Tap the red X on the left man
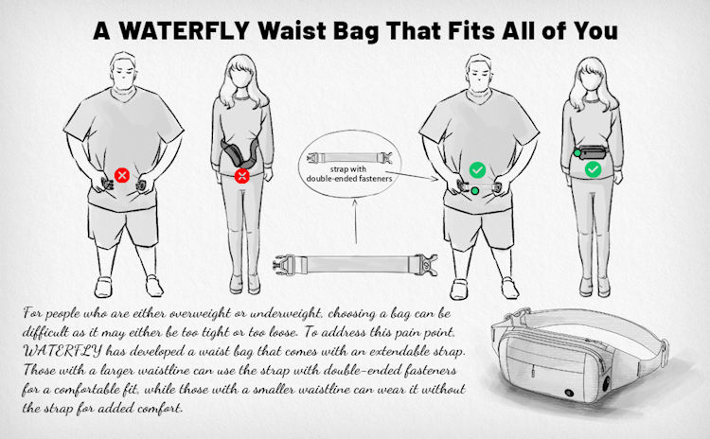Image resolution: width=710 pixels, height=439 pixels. (122, 175)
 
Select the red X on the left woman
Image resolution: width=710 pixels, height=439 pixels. (241, 176)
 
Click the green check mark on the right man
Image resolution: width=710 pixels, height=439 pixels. (478, 170)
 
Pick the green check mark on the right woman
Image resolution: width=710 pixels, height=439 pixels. (593, 169)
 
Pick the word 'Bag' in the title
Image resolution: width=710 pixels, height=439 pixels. (372, 29)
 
